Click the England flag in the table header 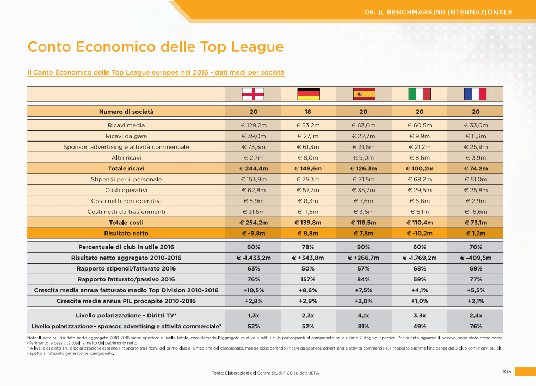[253, 94]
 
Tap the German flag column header [309, 94]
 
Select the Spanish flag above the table [364, 94]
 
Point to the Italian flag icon [420, 94]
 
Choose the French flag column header [475, 94]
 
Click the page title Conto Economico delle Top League [156, 47]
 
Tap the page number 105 [506, 371]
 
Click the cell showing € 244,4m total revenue [253, 168]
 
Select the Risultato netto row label [126, 233]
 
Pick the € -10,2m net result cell [420, 233]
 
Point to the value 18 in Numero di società [309, 112]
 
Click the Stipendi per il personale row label [126, 179]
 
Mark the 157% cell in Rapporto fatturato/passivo [309, 279]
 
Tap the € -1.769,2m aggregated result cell [420, 258]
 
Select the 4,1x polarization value [364, 315]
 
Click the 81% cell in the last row [364, 326]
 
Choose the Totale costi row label [126, 222]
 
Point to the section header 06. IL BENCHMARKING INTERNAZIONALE [439, 11]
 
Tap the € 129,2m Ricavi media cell [253, 125]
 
